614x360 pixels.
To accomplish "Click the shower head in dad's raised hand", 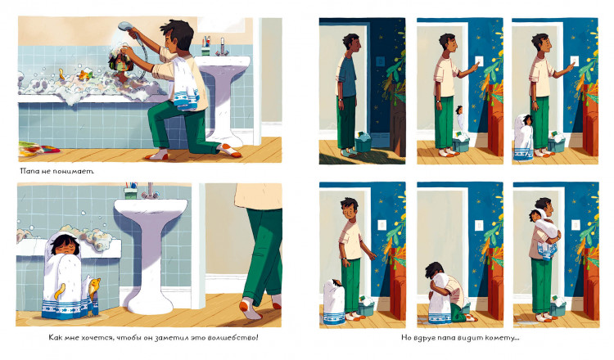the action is pos(126,26).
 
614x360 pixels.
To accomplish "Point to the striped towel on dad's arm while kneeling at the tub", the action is pos(185,83).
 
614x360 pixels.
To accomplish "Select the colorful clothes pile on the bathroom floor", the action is pos(38,148).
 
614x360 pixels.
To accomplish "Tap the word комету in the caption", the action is pos(503,338).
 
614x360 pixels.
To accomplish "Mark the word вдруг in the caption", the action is pos(424,338).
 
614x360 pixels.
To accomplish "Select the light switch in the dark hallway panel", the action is pos(380,61).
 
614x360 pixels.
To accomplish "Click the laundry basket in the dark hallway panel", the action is pos(363,142).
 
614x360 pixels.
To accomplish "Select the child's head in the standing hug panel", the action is pos(535,216).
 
